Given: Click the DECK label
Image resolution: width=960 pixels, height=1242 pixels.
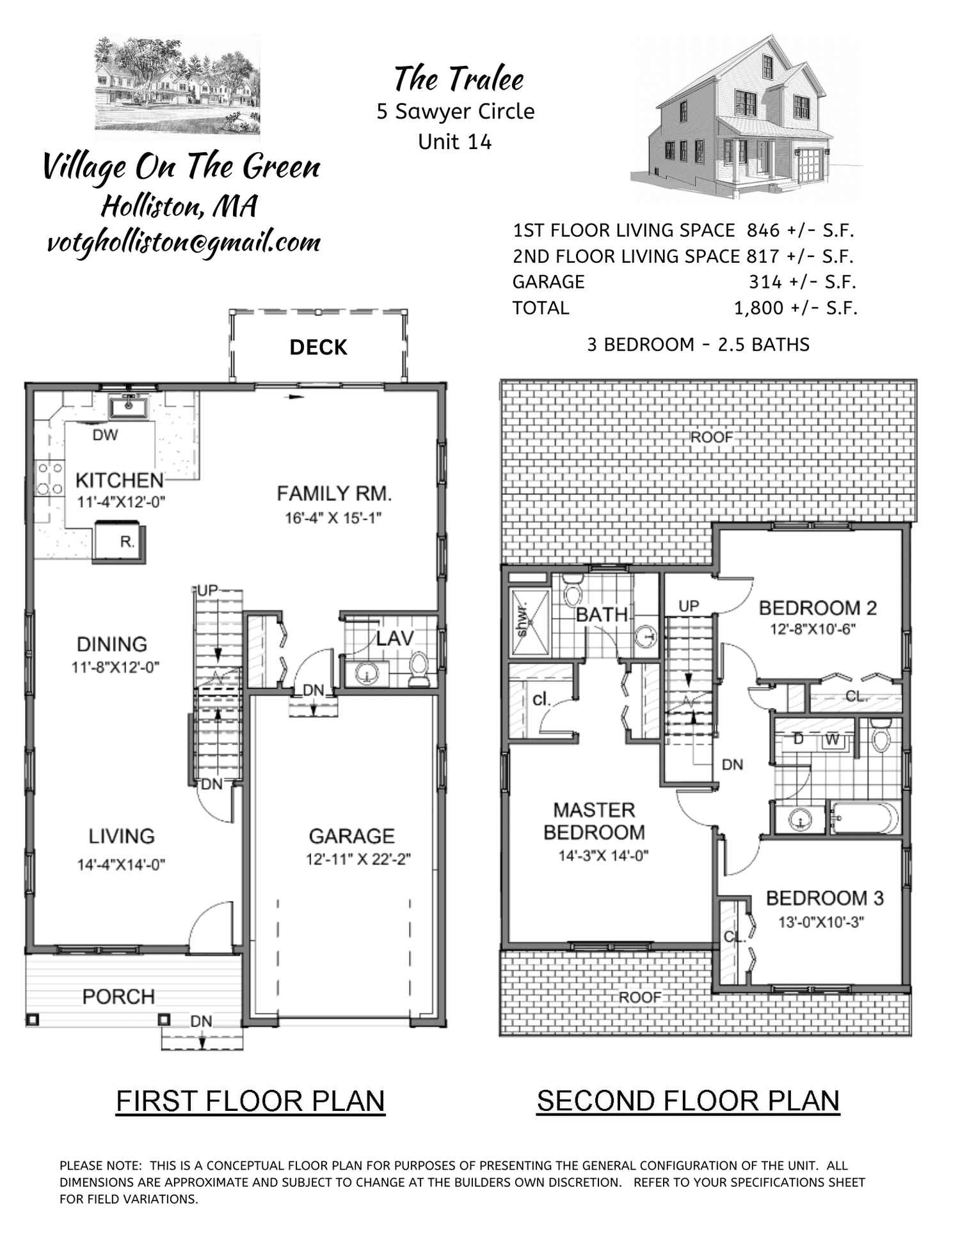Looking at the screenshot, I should (318, 347).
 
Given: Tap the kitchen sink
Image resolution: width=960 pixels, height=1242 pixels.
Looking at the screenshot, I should (129, 406).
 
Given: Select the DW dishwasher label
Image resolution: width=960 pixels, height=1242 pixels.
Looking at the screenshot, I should (105, 435).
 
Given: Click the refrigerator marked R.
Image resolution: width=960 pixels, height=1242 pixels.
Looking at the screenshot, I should (120, 542).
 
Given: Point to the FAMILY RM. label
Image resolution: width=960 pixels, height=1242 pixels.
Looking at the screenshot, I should (333, 493).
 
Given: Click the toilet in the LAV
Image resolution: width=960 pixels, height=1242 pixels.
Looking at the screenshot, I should (419, 668).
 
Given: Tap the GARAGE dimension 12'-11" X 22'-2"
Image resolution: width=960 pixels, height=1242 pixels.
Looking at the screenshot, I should (358, 859).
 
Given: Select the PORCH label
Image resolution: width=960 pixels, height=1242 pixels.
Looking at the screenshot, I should (118, 996).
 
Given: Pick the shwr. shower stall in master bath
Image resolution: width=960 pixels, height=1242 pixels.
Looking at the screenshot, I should (529, 622).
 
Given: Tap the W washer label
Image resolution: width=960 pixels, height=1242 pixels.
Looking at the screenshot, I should (831, 740).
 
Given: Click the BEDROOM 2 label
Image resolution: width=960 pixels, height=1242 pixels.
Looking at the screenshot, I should (817, 608).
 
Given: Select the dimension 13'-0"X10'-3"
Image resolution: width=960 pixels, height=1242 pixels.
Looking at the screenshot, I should (821, 922).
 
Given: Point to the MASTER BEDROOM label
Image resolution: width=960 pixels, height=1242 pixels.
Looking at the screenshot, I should (594, 821).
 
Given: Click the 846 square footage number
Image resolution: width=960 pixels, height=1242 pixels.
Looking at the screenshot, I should (763, 230).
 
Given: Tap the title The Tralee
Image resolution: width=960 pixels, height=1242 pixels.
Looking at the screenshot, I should (458, 79).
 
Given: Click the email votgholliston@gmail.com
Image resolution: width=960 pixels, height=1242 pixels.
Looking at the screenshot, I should (184, 243).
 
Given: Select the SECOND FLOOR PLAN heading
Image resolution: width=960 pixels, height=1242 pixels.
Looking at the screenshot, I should (688, 1101).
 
